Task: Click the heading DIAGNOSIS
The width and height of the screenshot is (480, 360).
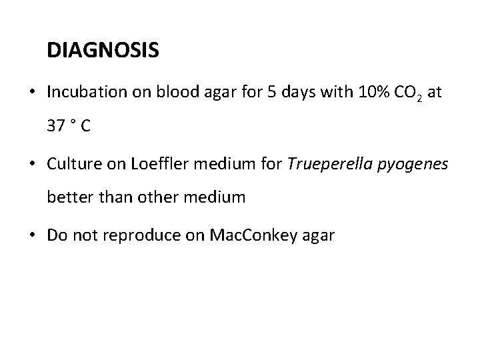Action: tap(103, 50)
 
